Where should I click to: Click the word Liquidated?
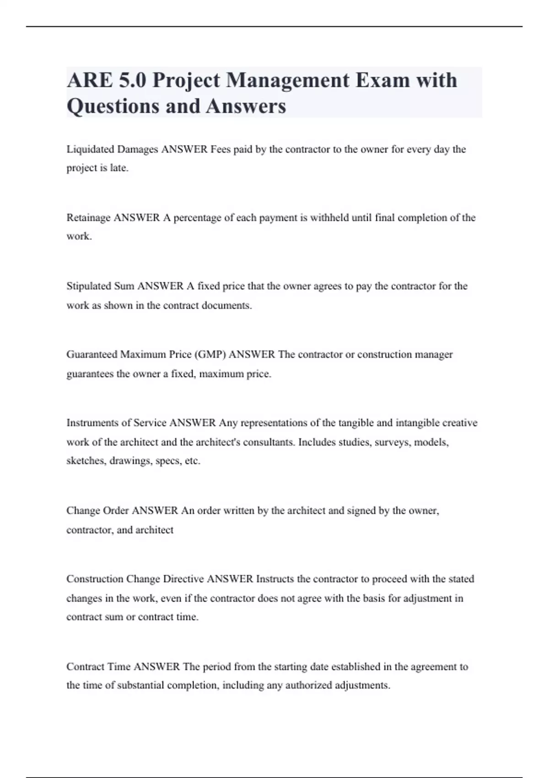pyautogui.click(x=90, y=150)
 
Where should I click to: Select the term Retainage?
pyautogui.click(x=88, y=218)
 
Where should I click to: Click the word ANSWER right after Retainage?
pyautogui.click(x=137, y=218)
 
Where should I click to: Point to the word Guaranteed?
pyautogui.click(x=92, y=355)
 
